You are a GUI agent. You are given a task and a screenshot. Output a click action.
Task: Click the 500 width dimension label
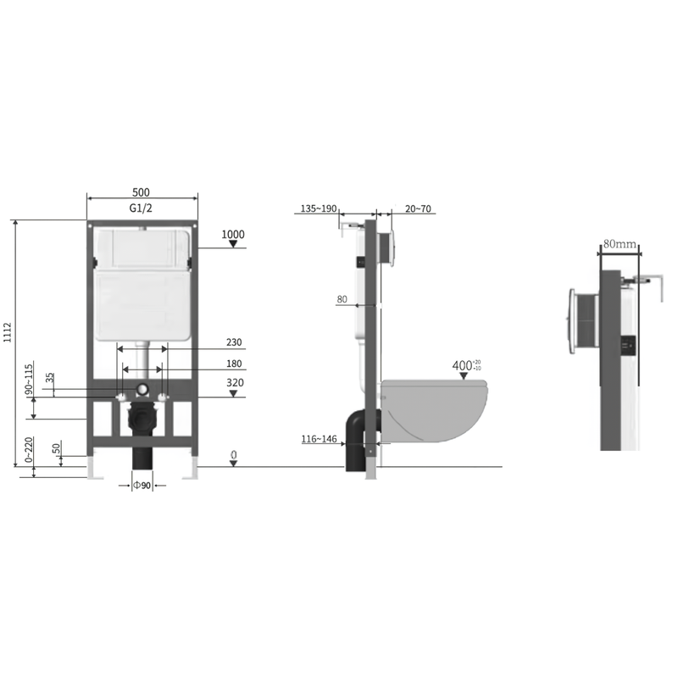[x=141, y=192]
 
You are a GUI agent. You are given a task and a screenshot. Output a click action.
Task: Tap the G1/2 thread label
[x=141, y=208]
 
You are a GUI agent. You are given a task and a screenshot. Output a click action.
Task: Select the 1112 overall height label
[x=8, y=332]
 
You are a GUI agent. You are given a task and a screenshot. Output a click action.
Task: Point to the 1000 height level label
[x=233, y=235]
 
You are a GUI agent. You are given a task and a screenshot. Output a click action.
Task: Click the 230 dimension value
[x=234, y=342]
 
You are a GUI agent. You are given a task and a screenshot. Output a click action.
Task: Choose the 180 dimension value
[x=234, y=364]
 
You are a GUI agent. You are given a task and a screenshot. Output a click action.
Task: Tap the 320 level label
[x=235, y=383]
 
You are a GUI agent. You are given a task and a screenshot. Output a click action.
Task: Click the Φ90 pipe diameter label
[x=142, y=485]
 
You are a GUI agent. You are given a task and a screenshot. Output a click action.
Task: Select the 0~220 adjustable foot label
[x=28, y=450]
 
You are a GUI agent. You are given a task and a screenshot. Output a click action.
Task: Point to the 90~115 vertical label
[x=29, y=379]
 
